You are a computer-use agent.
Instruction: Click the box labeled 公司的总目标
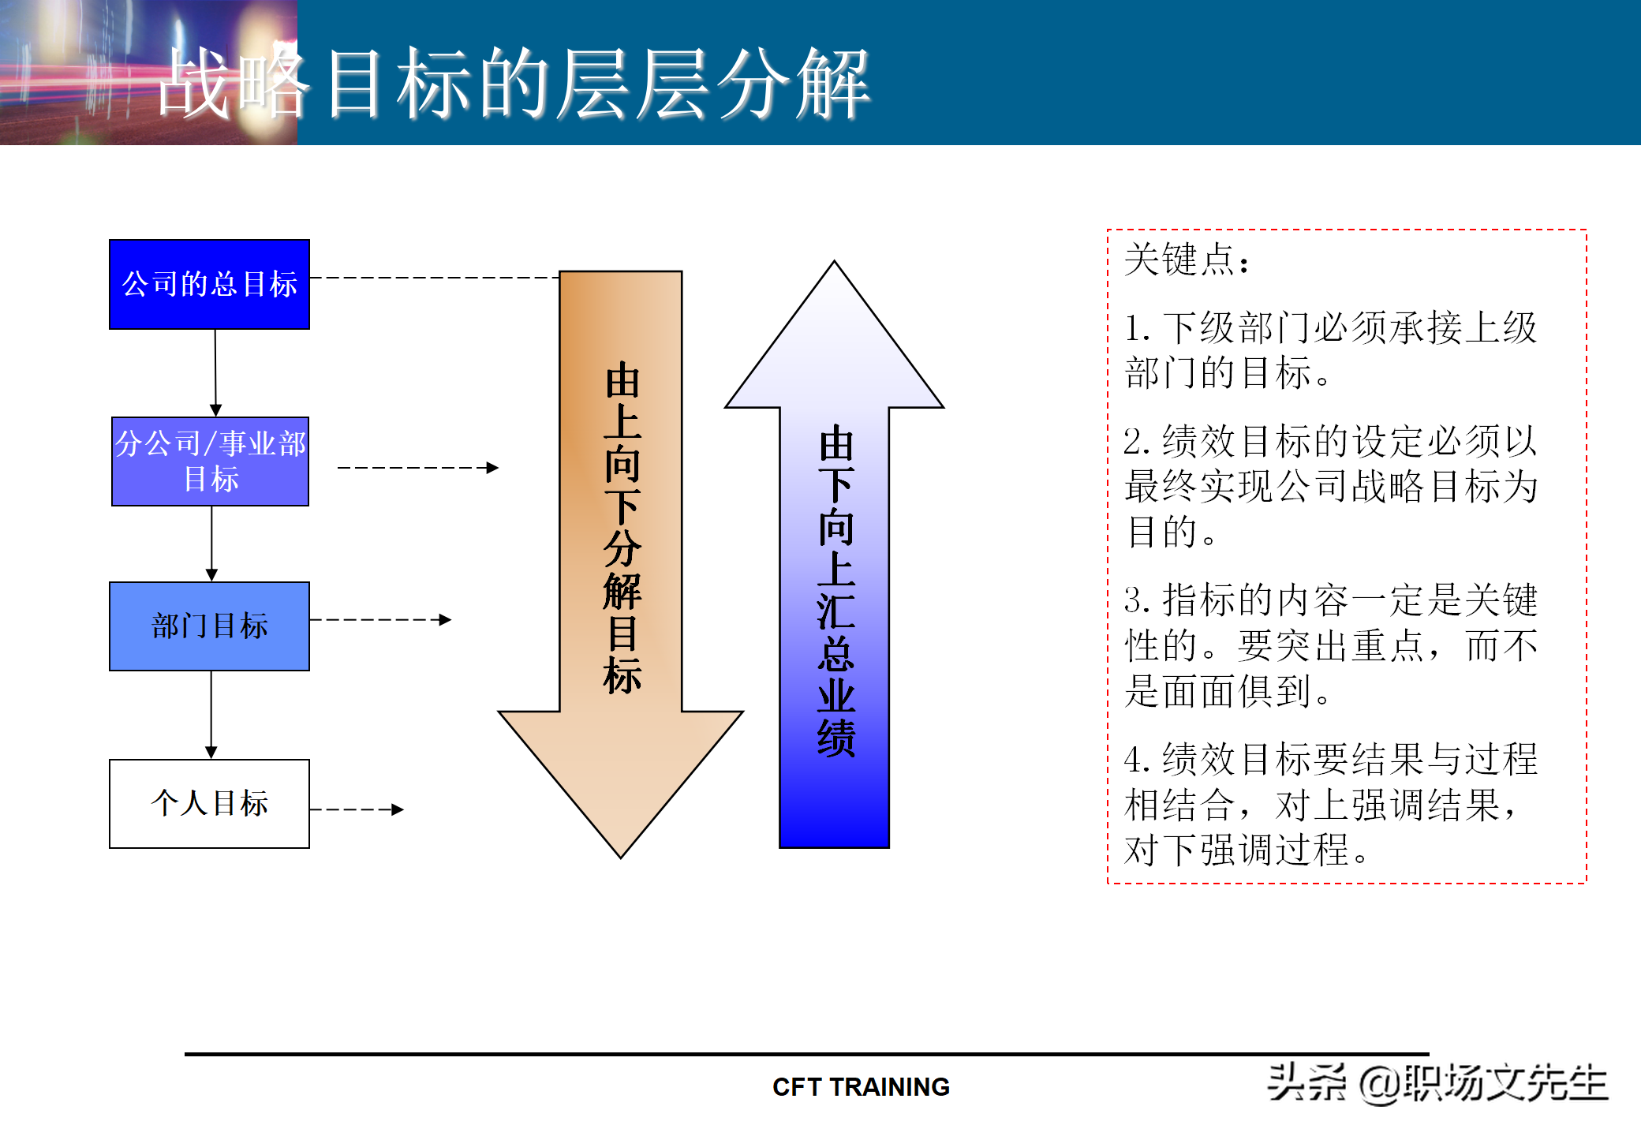[209, 284]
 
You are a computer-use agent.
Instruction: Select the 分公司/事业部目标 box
[210, 461]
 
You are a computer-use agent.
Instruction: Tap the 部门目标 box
[209, 626]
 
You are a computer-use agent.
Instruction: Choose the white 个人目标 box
[209, 804]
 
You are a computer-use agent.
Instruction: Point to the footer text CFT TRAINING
[861, 1087]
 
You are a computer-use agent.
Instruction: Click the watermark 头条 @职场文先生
[1437, 1083]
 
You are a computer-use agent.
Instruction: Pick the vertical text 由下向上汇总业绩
[835, 591]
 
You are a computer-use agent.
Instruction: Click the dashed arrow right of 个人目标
[357, 809]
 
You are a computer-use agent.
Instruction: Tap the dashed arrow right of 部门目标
[380, 620]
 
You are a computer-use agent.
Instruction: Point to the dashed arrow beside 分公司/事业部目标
[418, 468]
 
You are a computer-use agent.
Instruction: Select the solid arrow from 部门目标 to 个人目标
[211, 715]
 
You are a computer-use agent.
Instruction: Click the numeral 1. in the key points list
[1136, 328]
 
